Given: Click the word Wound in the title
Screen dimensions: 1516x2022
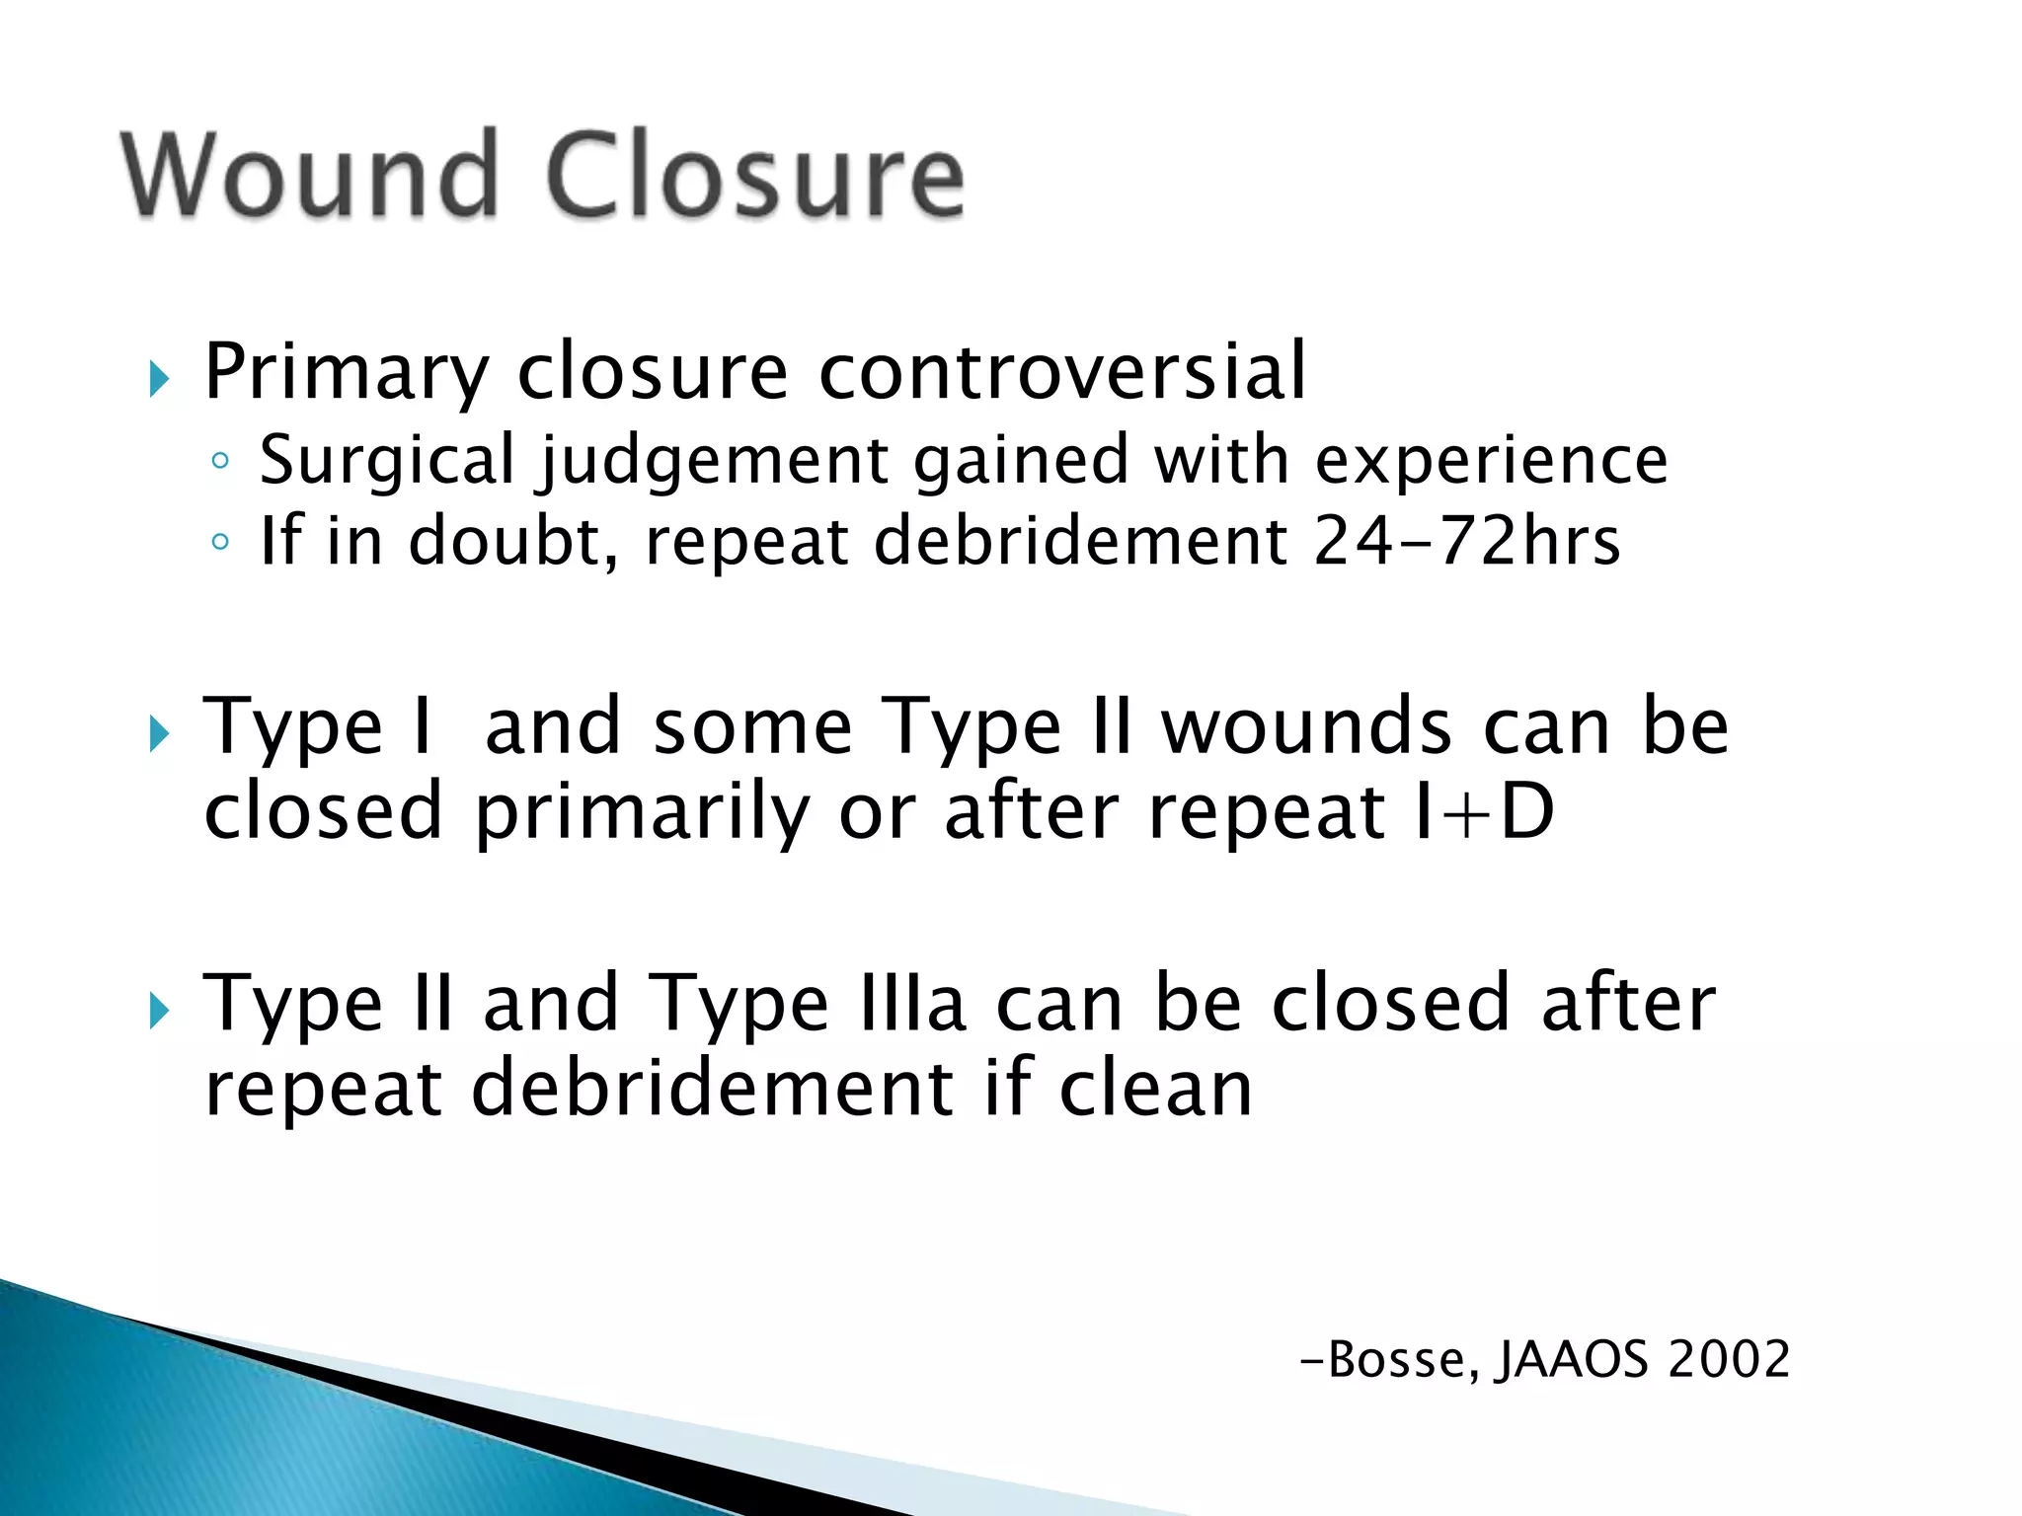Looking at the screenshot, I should click(x=309, y=175).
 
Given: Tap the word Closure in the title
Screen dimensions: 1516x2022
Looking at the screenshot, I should click(x=754, y=175).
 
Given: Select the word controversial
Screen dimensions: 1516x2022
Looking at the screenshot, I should click(x=1062, y=371).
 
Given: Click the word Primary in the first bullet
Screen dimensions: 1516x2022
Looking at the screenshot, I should click(x=347, y=373).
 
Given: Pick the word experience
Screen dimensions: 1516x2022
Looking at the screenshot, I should click(x=1491, y=462).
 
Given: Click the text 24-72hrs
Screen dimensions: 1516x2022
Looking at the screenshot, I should click(x=1467, y=541).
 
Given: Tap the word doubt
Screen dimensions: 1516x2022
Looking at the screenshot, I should click(x=513, y=541).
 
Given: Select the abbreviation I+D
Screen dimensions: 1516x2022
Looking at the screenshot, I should click(x=1483, y=811).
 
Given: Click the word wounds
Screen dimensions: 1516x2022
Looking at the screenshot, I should click(x=1306, y=726).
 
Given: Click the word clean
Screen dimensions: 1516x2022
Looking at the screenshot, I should click(x=1155, y=1089).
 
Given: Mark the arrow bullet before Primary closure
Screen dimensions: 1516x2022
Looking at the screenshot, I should click(x=159, y=378).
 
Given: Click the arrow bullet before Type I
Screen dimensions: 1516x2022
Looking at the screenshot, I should click(x=159, y=733).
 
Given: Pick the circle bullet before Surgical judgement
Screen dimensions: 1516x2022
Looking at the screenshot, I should click(x=220, y=461).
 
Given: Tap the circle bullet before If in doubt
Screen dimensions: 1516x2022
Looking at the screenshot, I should click(x=220, y=541).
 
